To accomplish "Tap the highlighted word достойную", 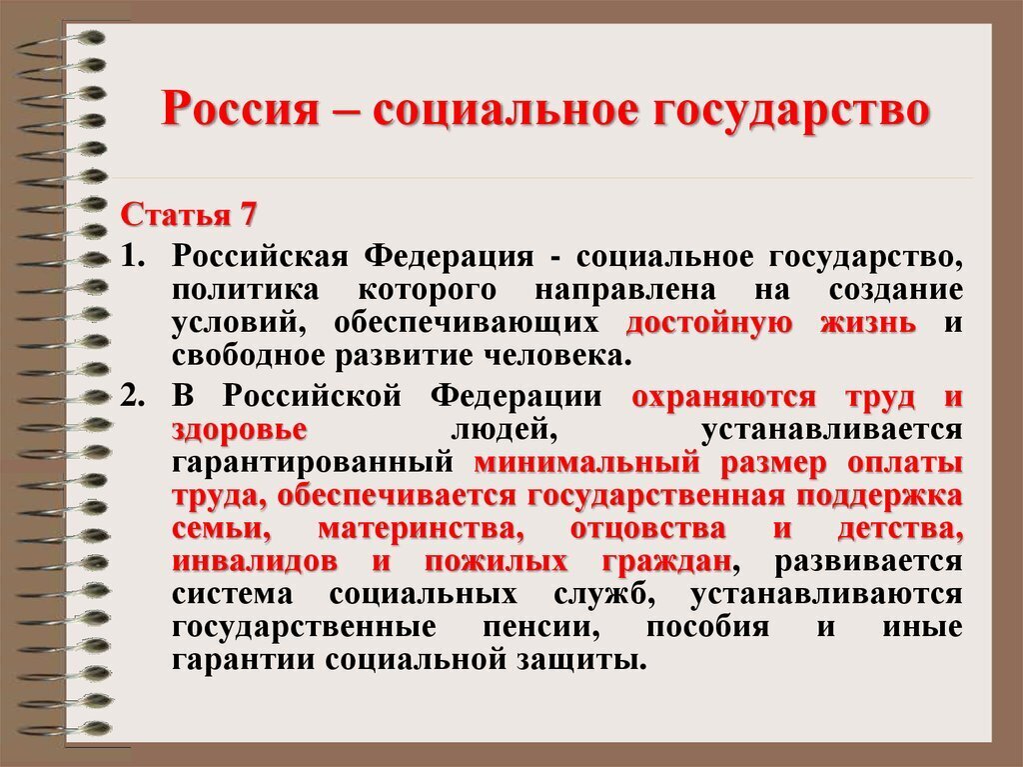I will tap(708, 324).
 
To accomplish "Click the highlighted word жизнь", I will tap(868, 324).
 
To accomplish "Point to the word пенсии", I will tap(543, 627).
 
